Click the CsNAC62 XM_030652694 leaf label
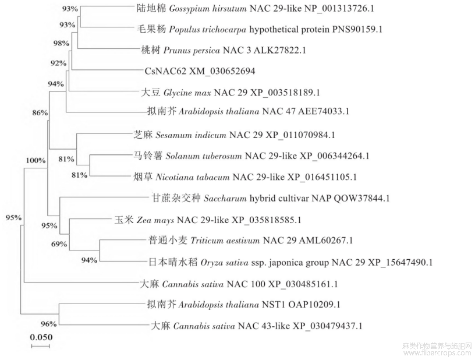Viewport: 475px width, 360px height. pyautogui.click(x=200, y=71)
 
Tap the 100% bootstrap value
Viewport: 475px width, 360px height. pyautogui.click(x=36, y=160)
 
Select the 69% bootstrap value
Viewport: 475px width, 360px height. pyautogui.click(x=59, y=244)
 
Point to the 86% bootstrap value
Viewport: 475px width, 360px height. pyautogui.click(x=40, y=113)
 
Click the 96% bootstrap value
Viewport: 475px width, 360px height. pyautogui.click(x=49, y=324)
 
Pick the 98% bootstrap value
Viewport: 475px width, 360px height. pyautogui.click(x=61, y=43)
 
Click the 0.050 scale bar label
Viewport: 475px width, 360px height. pyautogui.click(x=41, y=337)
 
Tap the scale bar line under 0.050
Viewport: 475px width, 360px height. pyautogui.click(x=40, y=346)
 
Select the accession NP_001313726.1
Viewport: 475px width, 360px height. pyautogui.click(x=339, y=9)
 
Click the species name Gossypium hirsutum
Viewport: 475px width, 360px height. pyautogui.click(x=208, y=9)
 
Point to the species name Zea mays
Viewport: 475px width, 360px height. pyautogui.click(x=155, y=220)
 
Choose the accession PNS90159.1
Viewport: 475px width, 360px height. pyautogui.click(x=357, y=29)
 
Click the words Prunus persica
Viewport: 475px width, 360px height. pyautogui.click(x=192, y=50)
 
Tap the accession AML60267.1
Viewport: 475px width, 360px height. pyautogui.click(x=326, y=241)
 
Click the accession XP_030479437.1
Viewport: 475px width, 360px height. pyautogui.click(x=328, y=326)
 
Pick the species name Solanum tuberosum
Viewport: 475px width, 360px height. pyautogui.click(x=204, y=156)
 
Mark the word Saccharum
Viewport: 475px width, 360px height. pyautogui.click(x=225, y=199)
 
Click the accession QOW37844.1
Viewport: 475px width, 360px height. pyautogui.click(x=361, y=199)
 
